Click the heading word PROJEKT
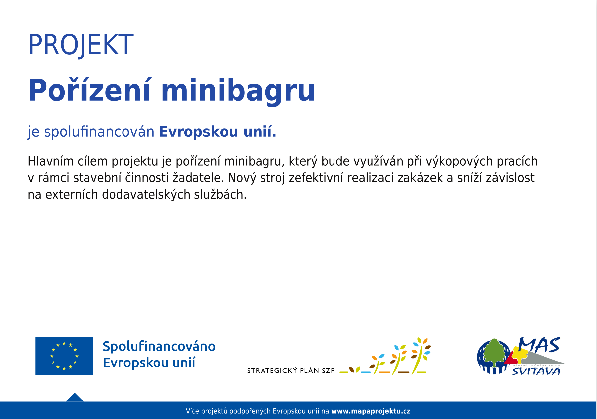(x=81, y=45)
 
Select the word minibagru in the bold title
(x=238, y=91)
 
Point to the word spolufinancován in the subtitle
(x=99, y=132)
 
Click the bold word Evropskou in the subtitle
(x=199, y=132)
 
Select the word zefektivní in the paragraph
(x=316, y=178)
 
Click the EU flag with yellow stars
(x=64, y=356)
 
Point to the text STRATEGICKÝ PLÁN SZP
(x=291, y=371)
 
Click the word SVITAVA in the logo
(x=536, y=372)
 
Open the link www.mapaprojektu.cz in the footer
(x=371, y=411)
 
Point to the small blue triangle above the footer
(x=75, y=397)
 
